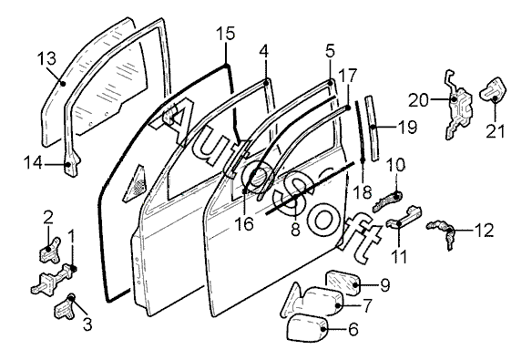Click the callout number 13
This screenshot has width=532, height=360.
[46, 58]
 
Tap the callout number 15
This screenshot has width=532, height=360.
[226, 34]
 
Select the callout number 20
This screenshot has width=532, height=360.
[418, 101]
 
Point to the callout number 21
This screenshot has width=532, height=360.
[495, 131]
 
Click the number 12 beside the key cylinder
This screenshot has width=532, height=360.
[484, 231]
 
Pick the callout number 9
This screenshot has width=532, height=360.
[384, 285]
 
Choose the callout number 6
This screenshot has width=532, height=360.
[353, 329]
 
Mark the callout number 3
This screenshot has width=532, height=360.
[87, 324]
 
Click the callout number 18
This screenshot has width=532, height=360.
[363, 192]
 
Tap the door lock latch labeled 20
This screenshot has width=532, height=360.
[459, 105]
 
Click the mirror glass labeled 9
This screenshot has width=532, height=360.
[343, 283]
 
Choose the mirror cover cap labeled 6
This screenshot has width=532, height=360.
[307, 328]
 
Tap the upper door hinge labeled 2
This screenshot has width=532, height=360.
[50, 250]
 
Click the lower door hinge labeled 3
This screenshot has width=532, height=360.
[66, 307]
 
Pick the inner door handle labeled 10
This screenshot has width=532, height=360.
[388, 201]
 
